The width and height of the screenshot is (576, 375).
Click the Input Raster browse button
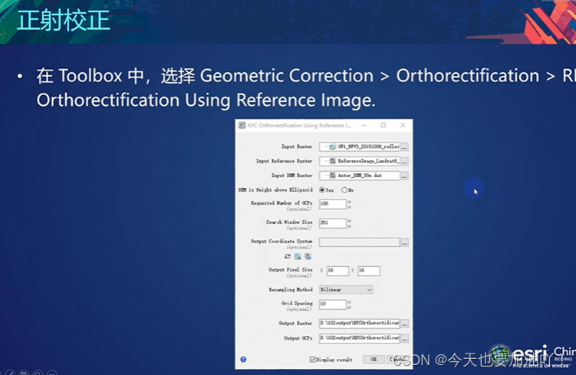404,146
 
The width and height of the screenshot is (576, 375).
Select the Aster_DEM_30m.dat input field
359,176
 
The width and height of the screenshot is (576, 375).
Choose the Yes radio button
322,189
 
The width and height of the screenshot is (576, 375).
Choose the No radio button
344,189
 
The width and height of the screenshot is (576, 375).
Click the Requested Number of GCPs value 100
332,204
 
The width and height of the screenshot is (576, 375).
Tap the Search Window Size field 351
332,222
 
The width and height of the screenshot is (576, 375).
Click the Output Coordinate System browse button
404,242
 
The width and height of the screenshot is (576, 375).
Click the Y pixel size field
368,271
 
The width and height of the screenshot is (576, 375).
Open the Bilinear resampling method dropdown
346,290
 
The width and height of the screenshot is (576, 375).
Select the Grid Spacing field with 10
332,304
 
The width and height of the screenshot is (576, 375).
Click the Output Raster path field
359,324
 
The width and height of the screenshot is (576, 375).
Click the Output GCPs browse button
404,338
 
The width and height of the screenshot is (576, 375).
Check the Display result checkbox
313,359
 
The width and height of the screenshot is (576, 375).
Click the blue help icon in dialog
243,359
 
